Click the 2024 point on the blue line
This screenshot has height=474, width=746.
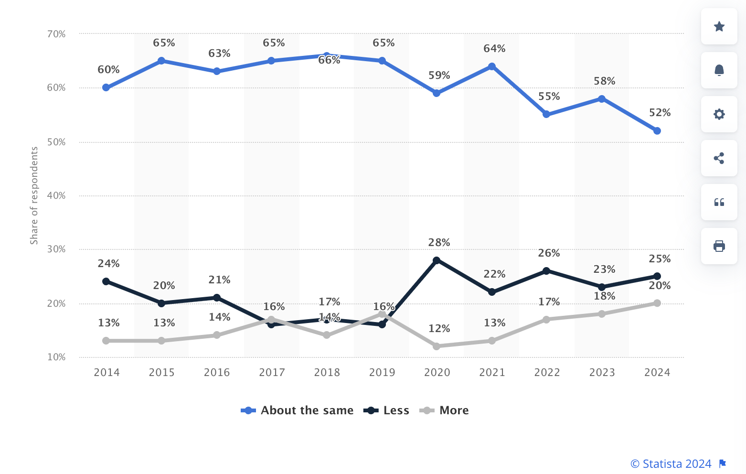pyautogui.click(x=657, y=131)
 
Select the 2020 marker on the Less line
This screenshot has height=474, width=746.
pyautogui.click(x=437, y=260)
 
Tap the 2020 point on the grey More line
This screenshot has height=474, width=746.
pyautogui.click(x=437, y=346)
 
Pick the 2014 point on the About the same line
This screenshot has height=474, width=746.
pyautogui.click(x=106, y=87)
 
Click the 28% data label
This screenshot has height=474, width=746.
pyautogui.click(x=439, y=243)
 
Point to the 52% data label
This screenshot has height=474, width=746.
pyautogui.click(x=660, y=113)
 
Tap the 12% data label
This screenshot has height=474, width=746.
pyautogui.click(x=439, y=329)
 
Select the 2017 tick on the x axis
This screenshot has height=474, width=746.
pyautogui.click(x=272, y=373)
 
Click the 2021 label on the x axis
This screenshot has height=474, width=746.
pyautogui.click(x=492, y=373)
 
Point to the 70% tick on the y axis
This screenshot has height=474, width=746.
pyautogui.click(x=56, y=34)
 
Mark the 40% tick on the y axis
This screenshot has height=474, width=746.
pyautogui.click(x=56, y=195)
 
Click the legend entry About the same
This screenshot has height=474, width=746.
pyautogui.click(x=307, y=410)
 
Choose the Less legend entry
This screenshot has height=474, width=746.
pyautogui.click(x=396, y=410)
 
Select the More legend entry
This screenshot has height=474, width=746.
pyautogui.click(x=454, y=410)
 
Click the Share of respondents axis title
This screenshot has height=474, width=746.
pyautogui.click(x=34, y=195)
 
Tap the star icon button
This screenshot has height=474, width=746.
pyautogui.click(x=719, y=26)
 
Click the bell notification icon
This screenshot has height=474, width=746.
pyautogui.click(x=719, y=70)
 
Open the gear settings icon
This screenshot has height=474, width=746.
pyautogui.click(x=719, y=114)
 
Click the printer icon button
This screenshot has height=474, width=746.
pyautogui.click(x=719, y=246)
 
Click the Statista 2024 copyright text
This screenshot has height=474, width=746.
pyautogui.click(x=671, y=464)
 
